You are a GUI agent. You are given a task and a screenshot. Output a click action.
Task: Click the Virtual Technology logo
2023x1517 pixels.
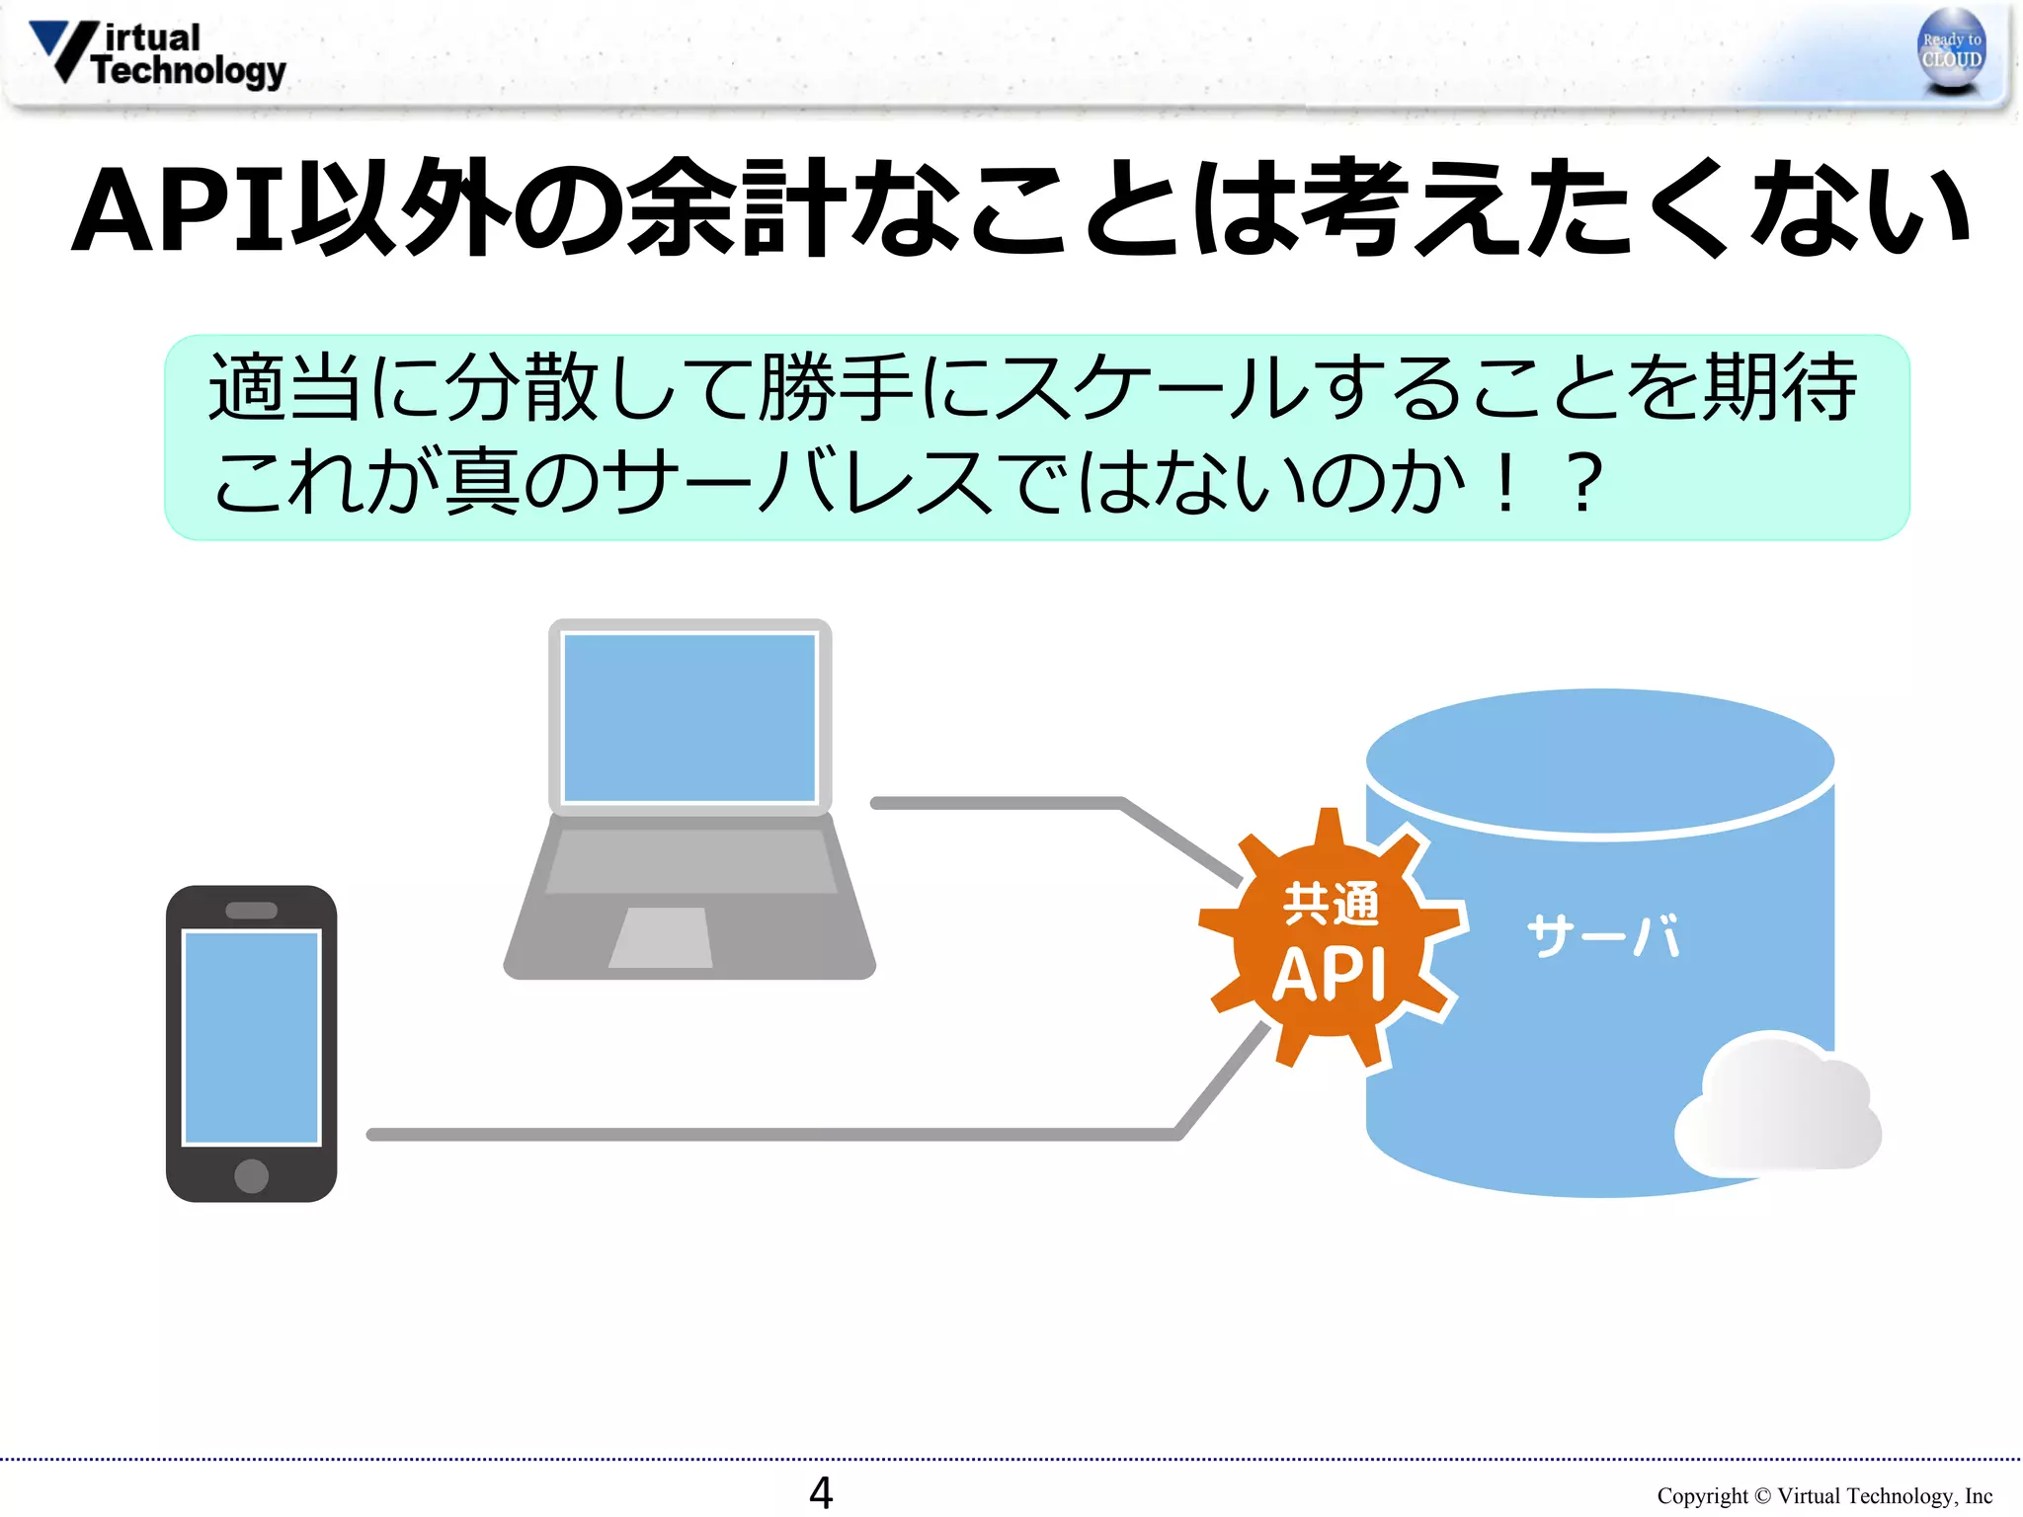tap(158, 54)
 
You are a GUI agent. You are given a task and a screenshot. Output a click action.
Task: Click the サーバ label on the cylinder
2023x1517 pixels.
tap(1602, 935)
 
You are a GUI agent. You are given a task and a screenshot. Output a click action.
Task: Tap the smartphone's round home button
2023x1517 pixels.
tap(251, 1175)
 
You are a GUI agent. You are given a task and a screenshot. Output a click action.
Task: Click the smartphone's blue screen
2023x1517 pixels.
tap(251, 1036)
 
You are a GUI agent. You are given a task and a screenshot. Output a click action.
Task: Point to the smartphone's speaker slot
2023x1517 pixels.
tap(251, 911)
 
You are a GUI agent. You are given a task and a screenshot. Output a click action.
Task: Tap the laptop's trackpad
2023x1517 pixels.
tap(661, 937)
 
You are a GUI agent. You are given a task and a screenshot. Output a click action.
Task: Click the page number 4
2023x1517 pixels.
tap(820, 1492)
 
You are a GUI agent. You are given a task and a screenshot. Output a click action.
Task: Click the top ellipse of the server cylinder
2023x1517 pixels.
tap(1599, 761)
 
